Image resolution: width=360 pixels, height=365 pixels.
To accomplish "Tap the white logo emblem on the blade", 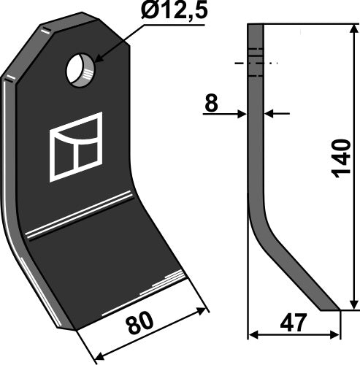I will point(75,147).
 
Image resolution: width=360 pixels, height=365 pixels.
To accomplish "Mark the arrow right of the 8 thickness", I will point(268,113).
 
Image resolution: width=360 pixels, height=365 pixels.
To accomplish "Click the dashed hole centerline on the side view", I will point(256,64).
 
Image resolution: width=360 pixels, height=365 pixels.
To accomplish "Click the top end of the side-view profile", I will point(256,26).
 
